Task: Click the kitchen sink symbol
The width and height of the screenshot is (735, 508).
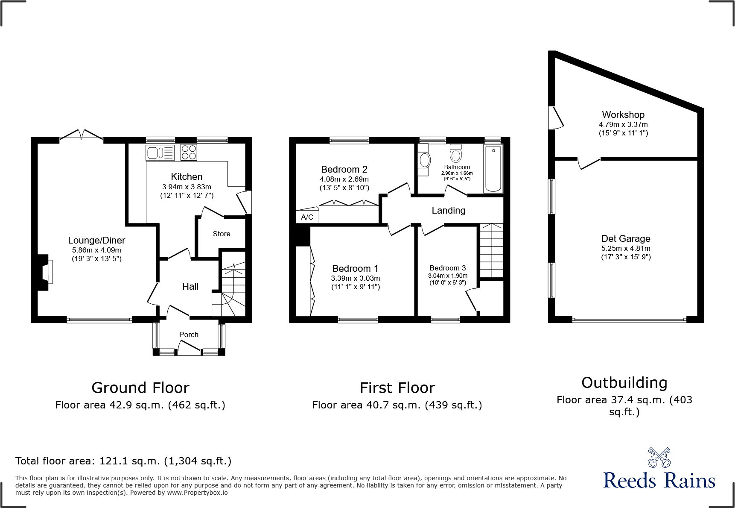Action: coord(160,153)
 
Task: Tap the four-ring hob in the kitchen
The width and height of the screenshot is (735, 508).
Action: coord(189,152)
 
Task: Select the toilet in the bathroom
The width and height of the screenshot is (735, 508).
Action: coord(456,153)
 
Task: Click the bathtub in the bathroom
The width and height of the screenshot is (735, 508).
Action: coord(493,168)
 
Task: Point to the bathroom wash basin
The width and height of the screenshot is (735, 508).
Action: coord(424,160)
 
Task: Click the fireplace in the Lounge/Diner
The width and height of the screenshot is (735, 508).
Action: coord(45,272)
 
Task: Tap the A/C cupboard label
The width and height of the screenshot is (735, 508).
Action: coord(307,217)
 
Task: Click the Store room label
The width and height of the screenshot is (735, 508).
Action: coord(221,234)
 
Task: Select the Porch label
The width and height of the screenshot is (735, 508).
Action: coord(189,335)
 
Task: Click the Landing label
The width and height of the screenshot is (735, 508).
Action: coord(448,210)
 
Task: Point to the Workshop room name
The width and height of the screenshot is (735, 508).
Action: coord(623,115)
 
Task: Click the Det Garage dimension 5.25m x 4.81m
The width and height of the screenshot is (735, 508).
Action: coord(626,248)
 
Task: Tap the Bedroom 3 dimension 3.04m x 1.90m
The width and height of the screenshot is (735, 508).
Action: coord(448,276)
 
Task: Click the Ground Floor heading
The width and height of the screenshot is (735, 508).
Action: coord(140,388)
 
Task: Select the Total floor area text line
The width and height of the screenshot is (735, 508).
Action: coord(123,461)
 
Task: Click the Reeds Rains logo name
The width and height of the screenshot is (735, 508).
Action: coord(659,481)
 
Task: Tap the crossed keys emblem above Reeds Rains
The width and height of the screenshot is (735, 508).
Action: coord(659,457)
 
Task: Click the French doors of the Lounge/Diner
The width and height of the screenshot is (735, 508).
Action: coord(81,135)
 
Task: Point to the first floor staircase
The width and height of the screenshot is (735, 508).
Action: coord(492,250)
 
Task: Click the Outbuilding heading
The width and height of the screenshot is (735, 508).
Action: coord(624,382)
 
